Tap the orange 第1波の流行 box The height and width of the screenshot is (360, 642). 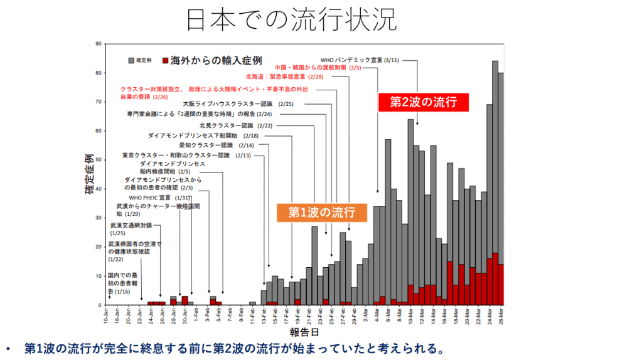(322, 212)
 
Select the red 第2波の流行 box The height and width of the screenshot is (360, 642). (423, 102)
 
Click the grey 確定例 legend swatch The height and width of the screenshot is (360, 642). (131, 61)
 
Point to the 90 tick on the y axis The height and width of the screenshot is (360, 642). (99, 44)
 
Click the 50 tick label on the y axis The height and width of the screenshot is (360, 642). (99, 160)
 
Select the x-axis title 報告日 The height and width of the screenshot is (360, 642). (303, 331)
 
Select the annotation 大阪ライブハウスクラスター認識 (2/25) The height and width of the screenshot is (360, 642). (238, 103)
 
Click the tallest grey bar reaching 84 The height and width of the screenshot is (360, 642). (495, 157)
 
